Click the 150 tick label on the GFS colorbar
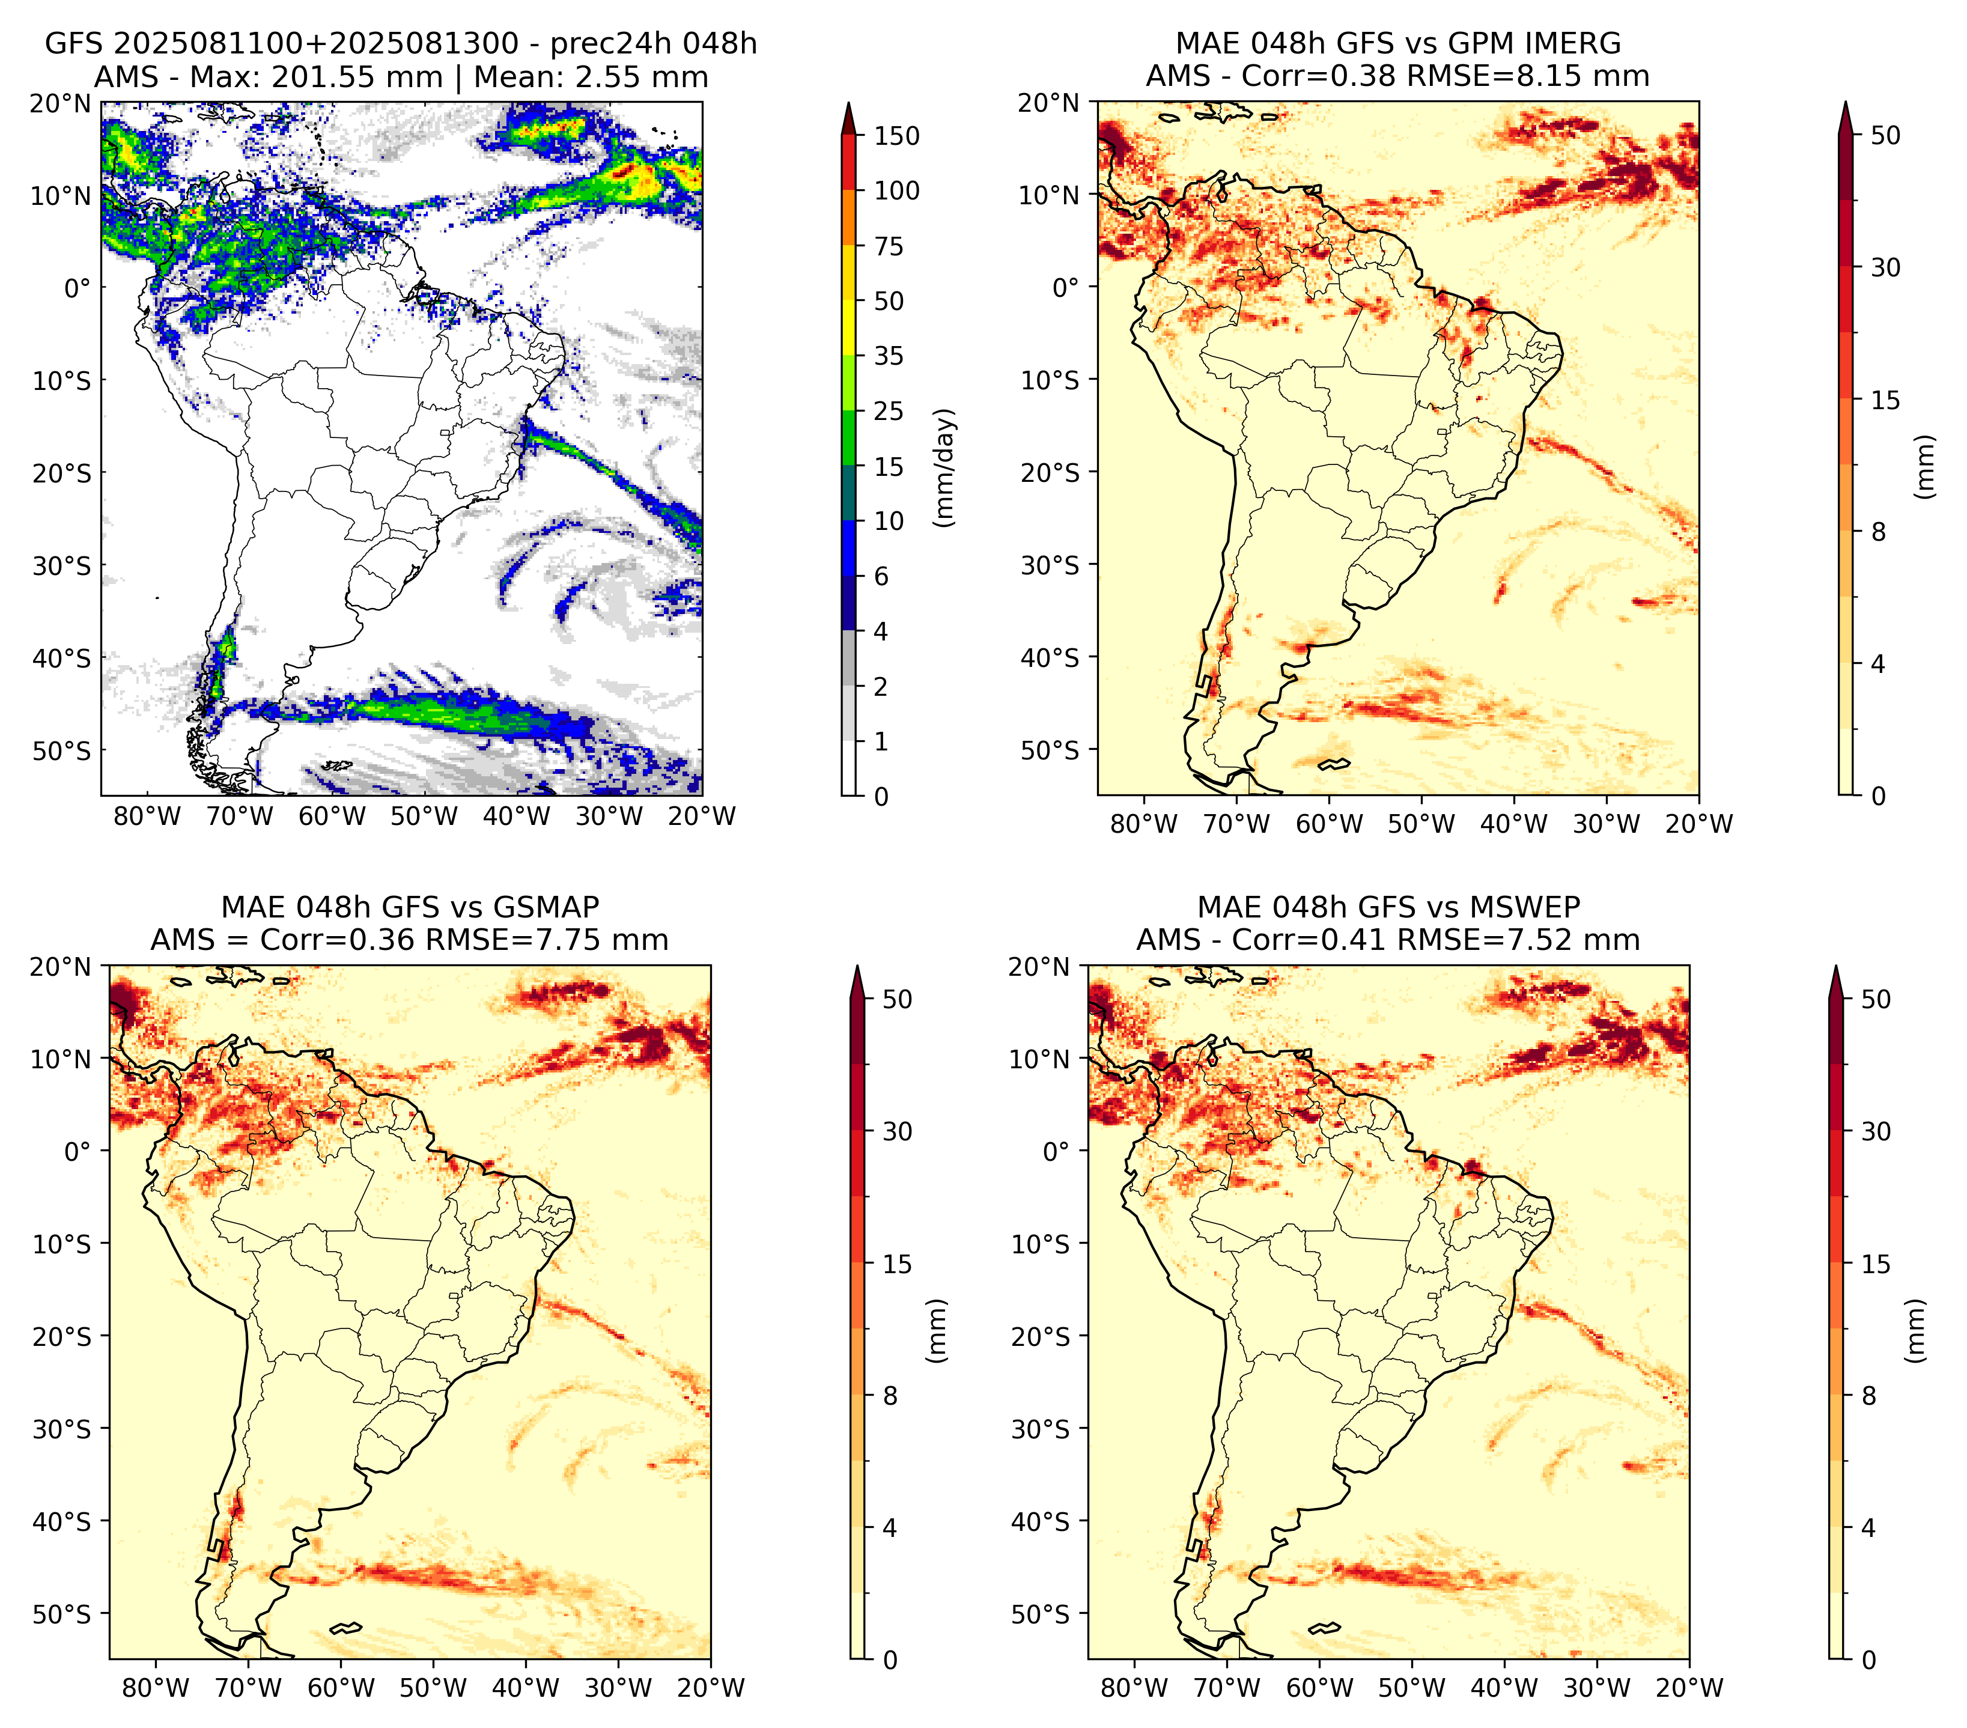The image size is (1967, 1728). point(897,136)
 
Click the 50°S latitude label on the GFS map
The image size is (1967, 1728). point(62,750)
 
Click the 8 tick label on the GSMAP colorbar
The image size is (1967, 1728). point(890,1396)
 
